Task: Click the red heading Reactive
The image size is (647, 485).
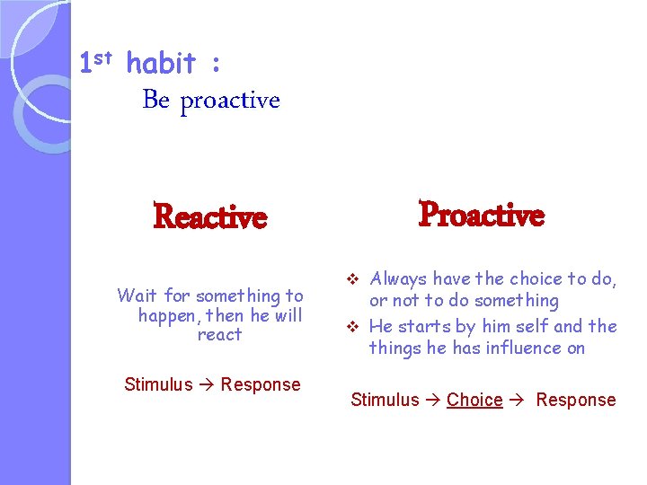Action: [210, 217]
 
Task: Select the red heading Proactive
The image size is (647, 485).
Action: [482, 216]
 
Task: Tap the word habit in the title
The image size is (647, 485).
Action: [161, 64]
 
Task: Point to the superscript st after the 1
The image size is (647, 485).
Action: [104, 57]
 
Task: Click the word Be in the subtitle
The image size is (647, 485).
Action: [155, 100]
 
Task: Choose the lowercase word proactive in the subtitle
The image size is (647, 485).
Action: [230, 101]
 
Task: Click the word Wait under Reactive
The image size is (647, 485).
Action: [137, 295]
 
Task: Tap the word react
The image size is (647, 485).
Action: [219, 335]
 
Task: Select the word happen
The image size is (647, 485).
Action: [168, 315]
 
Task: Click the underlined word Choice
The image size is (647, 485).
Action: [474, 400]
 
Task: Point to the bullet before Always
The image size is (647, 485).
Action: [353, 279]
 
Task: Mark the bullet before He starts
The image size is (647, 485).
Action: [353, 326]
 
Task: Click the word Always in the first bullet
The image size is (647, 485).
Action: [399, 279]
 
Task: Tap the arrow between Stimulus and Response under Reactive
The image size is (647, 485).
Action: [207, 384]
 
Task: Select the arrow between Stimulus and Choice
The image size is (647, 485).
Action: [433, 400]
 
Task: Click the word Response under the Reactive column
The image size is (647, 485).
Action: [261, 384]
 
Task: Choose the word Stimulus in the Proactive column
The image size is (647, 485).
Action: [385, 400]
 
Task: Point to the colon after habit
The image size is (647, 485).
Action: [215, 66]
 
